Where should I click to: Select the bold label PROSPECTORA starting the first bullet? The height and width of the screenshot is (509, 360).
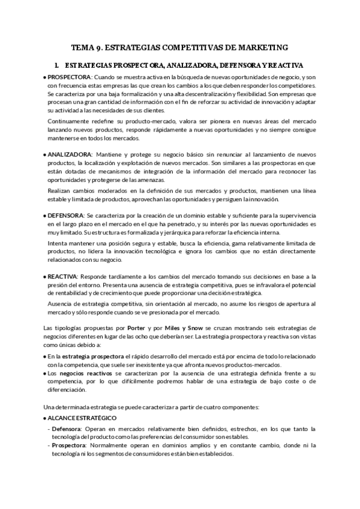tap(69, 78)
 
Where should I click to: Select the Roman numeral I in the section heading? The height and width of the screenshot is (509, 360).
tap(55, 65)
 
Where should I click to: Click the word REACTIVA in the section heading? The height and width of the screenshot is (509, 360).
tap(283, 65)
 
